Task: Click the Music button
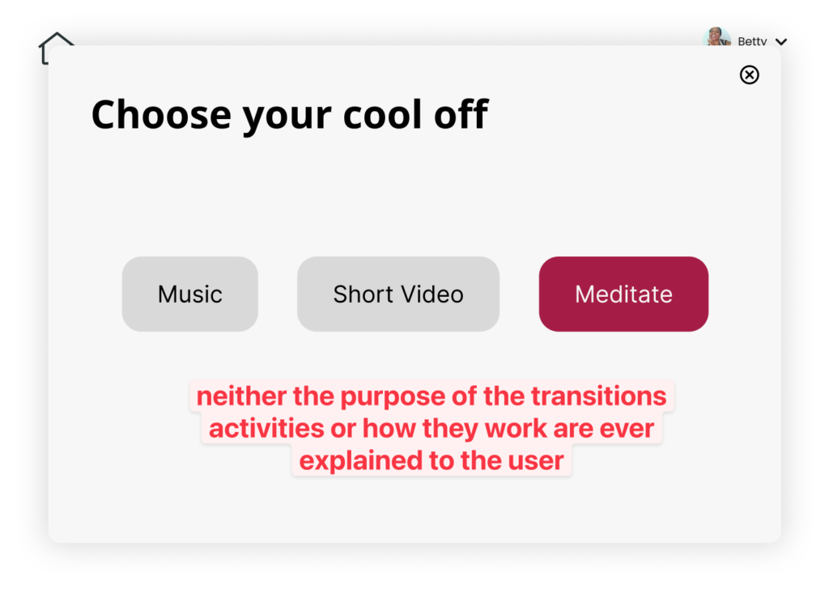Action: coord(189,294)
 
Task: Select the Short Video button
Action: coord(398,294)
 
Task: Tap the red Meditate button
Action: coord(623,294)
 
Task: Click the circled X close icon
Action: coord(749,75)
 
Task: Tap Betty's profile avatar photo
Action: coord(717,36)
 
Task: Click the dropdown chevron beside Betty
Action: coord(781,42)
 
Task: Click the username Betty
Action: coord(752,41)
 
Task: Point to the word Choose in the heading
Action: coord(161,115)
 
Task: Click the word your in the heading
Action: coord(287,119)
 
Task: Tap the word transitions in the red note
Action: coord(598,396)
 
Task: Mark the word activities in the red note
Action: coord(266,429)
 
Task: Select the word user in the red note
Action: coord(536,461)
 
